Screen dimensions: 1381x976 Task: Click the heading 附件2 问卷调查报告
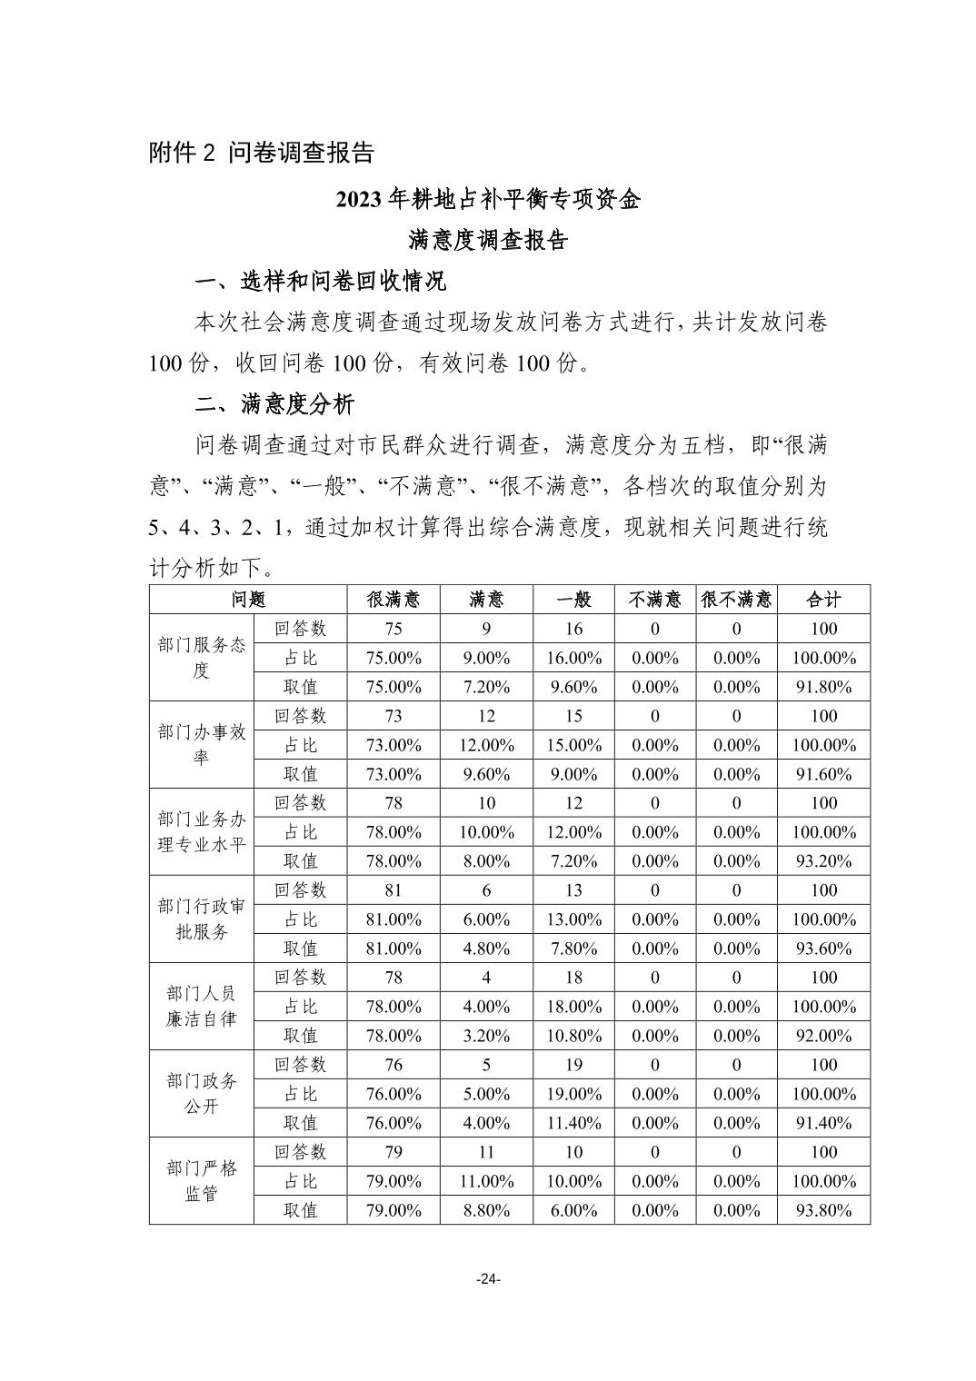coord(262,153)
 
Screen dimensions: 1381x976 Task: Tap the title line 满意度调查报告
coord(488,240)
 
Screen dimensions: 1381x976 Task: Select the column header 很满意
coord(393,600)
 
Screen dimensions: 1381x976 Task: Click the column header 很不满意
coord(736,600)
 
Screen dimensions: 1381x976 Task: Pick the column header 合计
coord(823,600)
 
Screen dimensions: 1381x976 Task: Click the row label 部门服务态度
coord(201,658)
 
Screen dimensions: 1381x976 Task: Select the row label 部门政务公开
coord(201,1094)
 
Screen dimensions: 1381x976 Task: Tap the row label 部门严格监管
coord(201,1181)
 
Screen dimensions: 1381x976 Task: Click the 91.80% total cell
coord(823,687)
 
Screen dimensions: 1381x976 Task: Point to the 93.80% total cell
coord(823,1210)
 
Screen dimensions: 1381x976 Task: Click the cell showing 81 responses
coord(393,890)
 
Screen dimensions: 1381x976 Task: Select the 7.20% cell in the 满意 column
coord(486,687)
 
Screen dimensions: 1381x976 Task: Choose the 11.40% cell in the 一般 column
coord(573,1123)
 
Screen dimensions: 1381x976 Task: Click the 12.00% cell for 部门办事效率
coord(486,745)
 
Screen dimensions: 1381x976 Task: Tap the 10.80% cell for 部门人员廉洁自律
coord(573,1036)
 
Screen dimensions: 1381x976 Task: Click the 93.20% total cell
coord(823,861)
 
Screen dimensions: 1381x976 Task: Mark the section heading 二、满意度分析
coord(274,403)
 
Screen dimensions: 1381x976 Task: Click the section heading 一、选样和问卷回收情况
coord(321,282)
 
